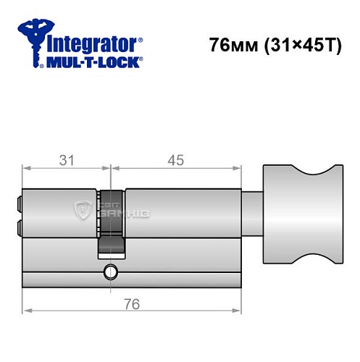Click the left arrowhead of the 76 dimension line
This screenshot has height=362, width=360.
tap(26, 310)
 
